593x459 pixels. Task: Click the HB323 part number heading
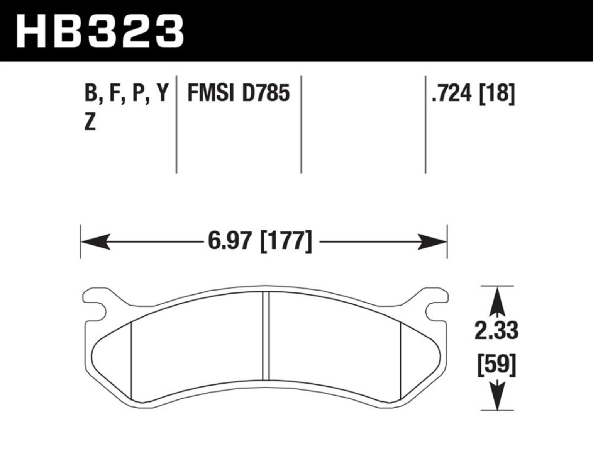[100, 31]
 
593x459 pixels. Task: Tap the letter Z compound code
[90, 122]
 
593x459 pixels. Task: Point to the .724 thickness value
[452, 93]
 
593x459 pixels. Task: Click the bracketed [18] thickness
[497, 93]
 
